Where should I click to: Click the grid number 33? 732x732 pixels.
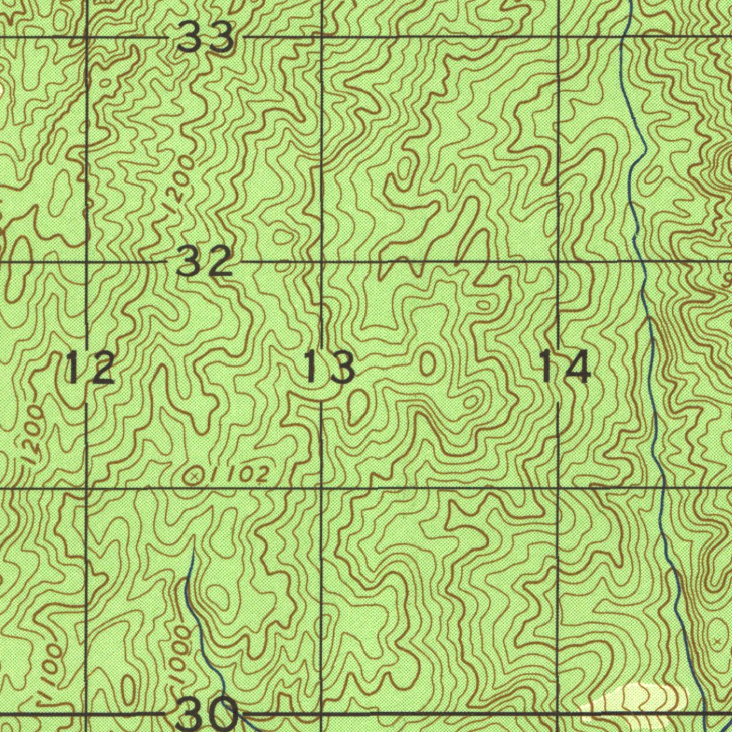(x=206, y=37)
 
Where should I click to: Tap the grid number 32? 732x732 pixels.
(x=204, y=262)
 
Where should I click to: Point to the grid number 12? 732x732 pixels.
(x=89, y=367)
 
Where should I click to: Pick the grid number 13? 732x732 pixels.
(x=329, y=367)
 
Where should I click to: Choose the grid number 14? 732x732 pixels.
(x=565, y=367)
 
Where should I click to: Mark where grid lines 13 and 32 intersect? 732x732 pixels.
(x=321, y=262)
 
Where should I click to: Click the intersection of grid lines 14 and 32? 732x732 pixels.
(x=558, y=262)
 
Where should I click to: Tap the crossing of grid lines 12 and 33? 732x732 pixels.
(x=86, y=36)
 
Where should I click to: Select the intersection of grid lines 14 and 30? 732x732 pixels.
(x=558, y=713)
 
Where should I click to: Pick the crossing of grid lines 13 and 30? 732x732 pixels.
(x=321, y=713)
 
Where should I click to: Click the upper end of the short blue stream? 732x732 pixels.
(x=192, y=551)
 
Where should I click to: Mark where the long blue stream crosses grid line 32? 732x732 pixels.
(x=640, y=262)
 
